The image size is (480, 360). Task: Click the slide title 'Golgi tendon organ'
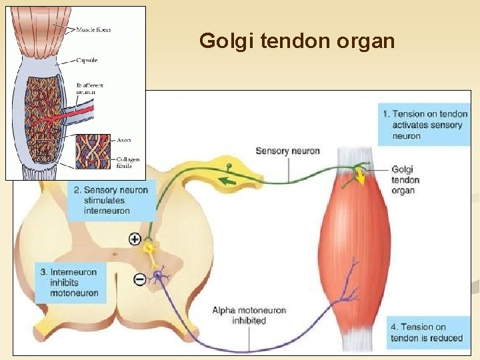click(x=297, y=41)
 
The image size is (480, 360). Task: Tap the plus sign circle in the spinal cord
click(x=135, y=239)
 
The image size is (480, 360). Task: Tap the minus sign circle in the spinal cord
click(x=139, y=279)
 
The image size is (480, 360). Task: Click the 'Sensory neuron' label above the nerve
click(x=287, y=151)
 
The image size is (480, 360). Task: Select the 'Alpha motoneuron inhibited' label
click(x=249, y=315)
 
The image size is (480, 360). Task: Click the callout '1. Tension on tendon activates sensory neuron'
click(x=425, y=125)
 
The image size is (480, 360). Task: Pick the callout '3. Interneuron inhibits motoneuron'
click(x=71, y=282)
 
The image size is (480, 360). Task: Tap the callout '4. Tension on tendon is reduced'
click(x=427, y=332)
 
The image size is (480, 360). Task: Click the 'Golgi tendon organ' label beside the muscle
click(x=405, y=180)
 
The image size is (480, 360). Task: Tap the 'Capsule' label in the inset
click(x=88, y=60)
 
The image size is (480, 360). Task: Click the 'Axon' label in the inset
click(x=124, y=140)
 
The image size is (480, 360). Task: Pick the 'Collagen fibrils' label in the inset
click(x=127, y=163)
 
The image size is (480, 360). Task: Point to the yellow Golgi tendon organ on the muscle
click(x=359, y=175)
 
